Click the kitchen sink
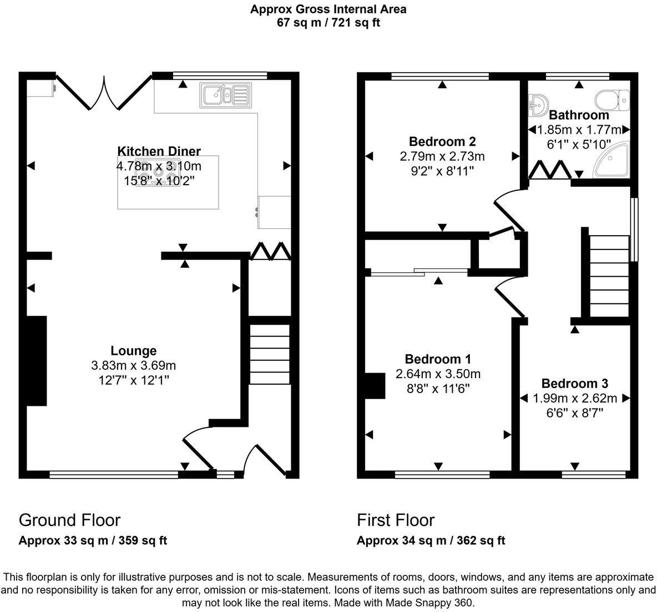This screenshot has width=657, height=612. (226, 94)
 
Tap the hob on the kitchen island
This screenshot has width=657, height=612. (158, 172)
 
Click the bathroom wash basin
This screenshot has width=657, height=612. (538, 105)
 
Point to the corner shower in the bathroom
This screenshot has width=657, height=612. (611, 160)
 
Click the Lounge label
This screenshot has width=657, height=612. (134, 350)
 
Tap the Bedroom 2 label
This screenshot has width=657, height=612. (442, 141)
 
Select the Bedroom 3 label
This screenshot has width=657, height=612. (574, 384)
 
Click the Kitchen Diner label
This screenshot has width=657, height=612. (159, 151)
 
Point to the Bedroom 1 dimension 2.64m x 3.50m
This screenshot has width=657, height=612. (438, 374)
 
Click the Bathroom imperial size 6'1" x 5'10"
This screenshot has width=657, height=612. (579, 145)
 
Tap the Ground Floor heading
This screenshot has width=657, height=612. (69, 520)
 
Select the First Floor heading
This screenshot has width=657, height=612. (396, 520)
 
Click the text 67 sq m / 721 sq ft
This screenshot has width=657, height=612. (328, 22)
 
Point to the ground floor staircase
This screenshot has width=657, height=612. (270, 354)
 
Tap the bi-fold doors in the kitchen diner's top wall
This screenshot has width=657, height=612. (104, 93)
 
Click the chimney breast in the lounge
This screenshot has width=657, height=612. (37, 360)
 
